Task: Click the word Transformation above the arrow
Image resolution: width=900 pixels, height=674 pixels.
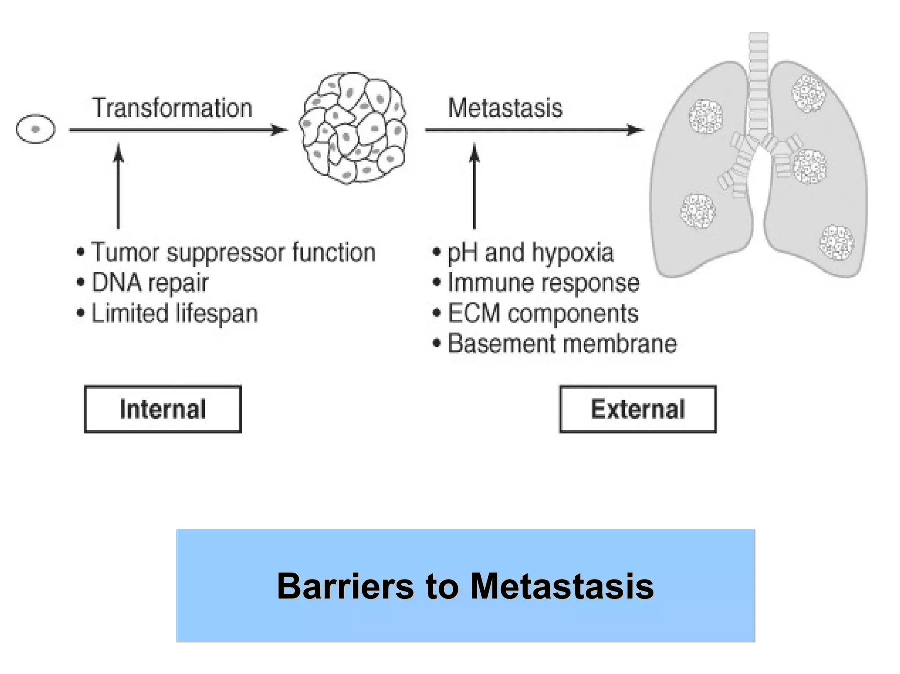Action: [x=172, y=108]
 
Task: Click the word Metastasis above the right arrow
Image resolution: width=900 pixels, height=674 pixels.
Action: [x=505, y=108]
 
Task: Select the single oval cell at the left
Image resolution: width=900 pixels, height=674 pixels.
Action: [x=36, y=129]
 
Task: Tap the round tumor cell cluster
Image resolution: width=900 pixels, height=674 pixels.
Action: [x=353, y=128]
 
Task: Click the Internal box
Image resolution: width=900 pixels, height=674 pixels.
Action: [x=163, y=409]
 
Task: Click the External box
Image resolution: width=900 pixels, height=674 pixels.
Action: [x=638, y=409]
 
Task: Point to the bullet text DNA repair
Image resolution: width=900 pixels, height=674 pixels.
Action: [x=149, y=283]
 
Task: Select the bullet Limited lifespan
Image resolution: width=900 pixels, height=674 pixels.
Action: [x=174, y=314]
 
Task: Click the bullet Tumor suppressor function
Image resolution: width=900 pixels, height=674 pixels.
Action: [x=233, y=252]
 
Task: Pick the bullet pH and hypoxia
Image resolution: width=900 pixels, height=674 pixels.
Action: [x=530, y=253]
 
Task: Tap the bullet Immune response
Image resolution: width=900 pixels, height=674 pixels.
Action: [x=543, y=283]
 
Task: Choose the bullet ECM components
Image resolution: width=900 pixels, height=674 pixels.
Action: [x=543, y=314]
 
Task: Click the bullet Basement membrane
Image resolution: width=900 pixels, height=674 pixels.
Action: [x=562, y=343]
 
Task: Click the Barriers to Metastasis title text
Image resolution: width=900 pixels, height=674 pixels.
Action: [x=465, y=586]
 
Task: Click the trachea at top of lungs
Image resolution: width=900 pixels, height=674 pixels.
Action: [x=758, y=83]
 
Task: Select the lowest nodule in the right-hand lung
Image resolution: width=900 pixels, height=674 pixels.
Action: [x=837, y=242]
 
